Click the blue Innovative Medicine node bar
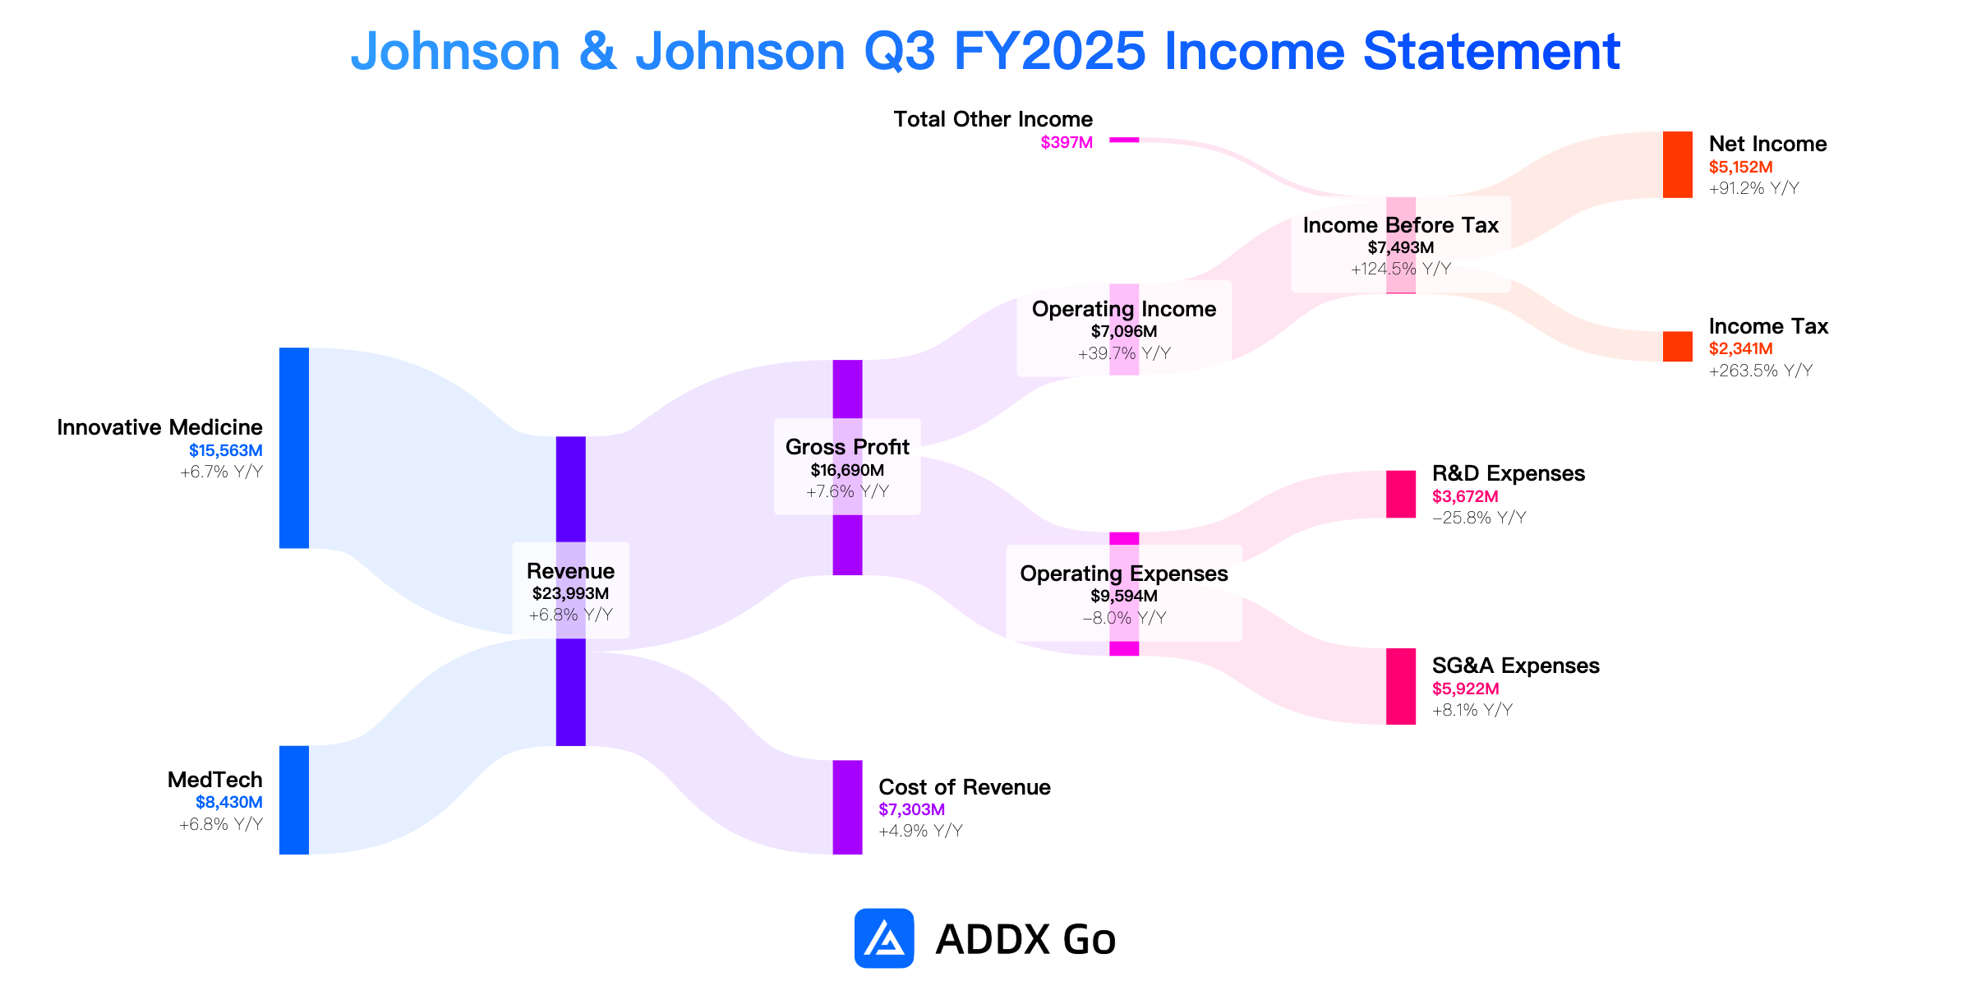(x=294, y=448)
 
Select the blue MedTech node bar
(x=294, y=799)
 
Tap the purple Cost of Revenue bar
(x=847, y=807)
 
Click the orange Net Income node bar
(x=1677, y=164)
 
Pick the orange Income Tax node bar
(x=1677, y=346)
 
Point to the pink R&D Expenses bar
(x=1401, y=494)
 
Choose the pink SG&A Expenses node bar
(x=1401, y=686)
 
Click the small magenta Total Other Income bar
(x=1124, y=140)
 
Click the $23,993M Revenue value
(x=570, y=593)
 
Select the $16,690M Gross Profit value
(x=847, y=470)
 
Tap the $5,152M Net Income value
(x=1740, y=167)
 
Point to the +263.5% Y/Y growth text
(x=1760, y=371)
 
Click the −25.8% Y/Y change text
(x=1479, y=518)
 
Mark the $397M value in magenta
(x=1067, y=142)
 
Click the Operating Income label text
(x=1124, y=309)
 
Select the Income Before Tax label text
(x=1401, y=225)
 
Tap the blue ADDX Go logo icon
(x=884, y=938)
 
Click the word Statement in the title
(x=1491, y=51)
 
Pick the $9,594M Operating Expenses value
(x=1124, y=596)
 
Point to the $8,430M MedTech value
(x=228, y=802)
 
